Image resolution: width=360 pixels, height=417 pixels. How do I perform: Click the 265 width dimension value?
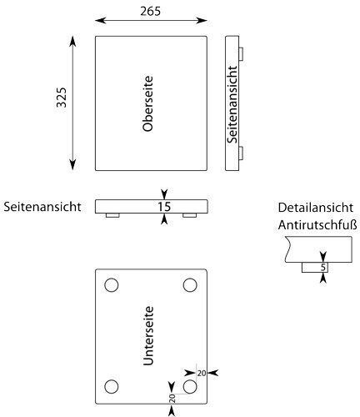150,11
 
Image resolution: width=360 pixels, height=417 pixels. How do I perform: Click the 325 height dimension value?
62,98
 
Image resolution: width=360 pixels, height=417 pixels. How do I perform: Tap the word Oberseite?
147,103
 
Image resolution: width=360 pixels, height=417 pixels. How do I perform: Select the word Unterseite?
148,336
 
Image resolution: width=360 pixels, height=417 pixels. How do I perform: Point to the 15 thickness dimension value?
164,207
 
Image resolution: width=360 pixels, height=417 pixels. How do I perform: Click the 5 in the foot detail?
322,268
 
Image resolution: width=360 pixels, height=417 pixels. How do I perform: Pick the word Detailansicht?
316,208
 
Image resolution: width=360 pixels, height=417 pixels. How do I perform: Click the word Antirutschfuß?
317,225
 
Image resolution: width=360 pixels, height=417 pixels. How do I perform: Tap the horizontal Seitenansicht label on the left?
42,207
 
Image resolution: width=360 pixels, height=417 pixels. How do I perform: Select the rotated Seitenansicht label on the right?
232,104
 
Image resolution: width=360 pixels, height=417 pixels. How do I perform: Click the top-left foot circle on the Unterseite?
112,285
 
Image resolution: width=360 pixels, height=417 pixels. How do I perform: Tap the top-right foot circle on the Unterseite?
190,285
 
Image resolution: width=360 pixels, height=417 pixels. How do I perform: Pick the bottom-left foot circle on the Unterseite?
112,386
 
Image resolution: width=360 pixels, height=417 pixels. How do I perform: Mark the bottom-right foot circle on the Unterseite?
190,386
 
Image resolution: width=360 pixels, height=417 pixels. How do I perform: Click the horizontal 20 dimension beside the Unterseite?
202,374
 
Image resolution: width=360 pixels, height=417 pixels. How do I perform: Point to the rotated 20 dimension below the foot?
172,399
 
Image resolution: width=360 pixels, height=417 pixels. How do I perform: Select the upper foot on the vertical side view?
241,53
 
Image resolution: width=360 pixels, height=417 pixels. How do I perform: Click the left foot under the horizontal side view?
112,215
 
